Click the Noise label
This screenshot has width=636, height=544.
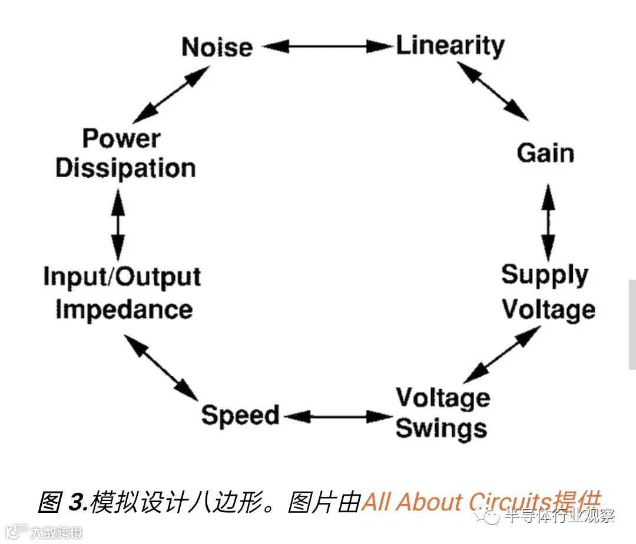217,47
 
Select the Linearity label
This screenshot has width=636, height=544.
450,46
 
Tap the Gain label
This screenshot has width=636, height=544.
545,153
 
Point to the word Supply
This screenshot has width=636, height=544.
545,276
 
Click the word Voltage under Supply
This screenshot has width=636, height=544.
548,310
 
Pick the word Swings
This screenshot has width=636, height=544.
441,428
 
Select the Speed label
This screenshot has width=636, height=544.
240,416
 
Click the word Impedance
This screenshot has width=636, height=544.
124,310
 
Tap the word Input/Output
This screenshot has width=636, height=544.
122,277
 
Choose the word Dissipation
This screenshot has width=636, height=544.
125,168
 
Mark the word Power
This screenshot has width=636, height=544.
121,138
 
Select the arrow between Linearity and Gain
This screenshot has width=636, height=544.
493,91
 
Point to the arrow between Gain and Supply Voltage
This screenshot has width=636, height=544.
548,222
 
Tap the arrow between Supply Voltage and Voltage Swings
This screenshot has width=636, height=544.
502,354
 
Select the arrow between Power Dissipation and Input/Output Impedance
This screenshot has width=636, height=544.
118,224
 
